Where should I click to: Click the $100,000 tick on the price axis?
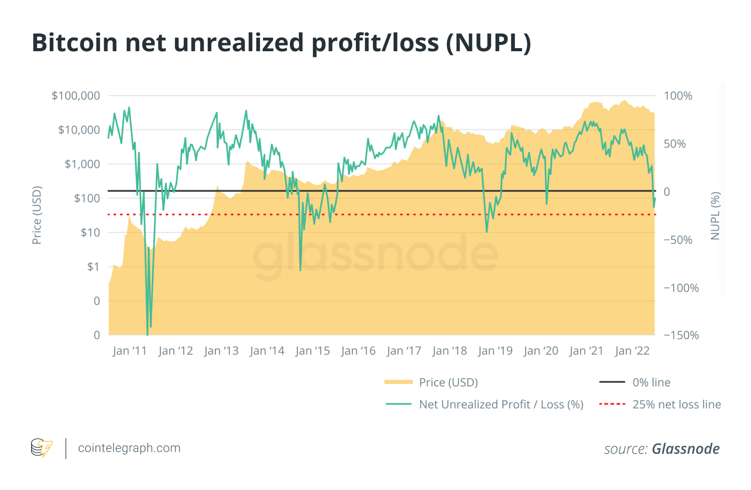tap(76, 96)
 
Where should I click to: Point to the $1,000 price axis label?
tap(82, 164)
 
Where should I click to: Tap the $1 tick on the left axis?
tap(93, 267)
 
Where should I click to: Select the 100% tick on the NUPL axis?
tap(678, 96)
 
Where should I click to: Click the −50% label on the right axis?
tap(678, 240)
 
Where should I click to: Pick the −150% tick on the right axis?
tap(681, 335)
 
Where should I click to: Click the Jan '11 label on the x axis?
tap(129, 351)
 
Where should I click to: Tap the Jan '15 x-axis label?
tap(312, 351)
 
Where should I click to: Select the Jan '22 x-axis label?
tap(632, 351)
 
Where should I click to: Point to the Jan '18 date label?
tap(450, 351)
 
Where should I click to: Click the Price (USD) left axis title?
tap(37, 215)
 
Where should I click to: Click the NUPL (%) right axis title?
tap(715, 216)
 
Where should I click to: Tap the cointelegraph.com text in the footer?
tap(129, 448)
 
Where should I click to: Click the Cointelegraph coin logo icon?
tap(41, 448)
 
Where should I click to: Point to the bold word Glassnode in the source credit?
tap(685, 449)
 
